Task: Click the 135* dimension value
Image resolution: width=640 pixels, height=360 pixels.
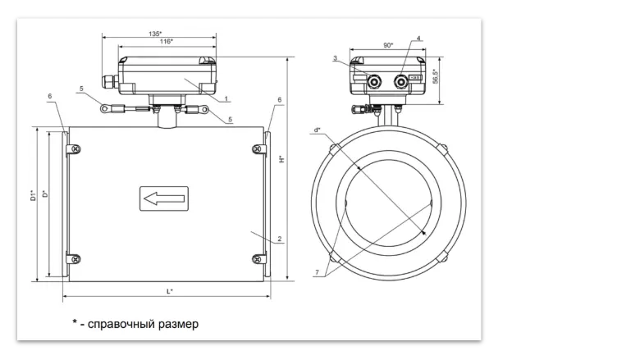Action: [154, 34]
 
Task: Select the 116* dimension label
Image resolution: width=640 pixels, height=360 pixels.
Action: [167, 42]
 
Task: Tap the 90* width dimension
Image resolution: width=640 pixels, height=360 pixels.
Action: [387, 46]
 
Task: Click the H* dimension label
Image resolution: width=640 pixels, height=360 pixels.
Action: [281, 159]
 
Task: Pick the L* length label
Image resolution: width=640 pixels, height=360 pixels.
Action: [168, 291]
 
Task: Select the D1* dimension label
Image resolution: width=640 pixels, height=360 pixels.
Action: [33, 195]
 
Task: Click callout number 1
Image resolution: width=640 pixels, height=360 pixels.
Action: [226, 98]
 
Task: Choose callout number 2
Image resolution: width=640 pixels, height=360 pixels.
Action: [280, 239]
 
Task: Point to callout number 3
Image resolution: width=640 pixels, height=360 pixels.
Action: [336, 58]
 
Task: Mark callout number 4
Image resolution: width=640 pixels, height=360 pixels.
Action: [418, 39]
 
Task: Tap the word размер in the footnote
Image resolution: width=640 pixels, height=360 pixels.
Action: [178, 324]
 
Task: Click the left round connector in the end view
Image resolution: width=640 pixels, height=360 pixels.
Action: [376, 80]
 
